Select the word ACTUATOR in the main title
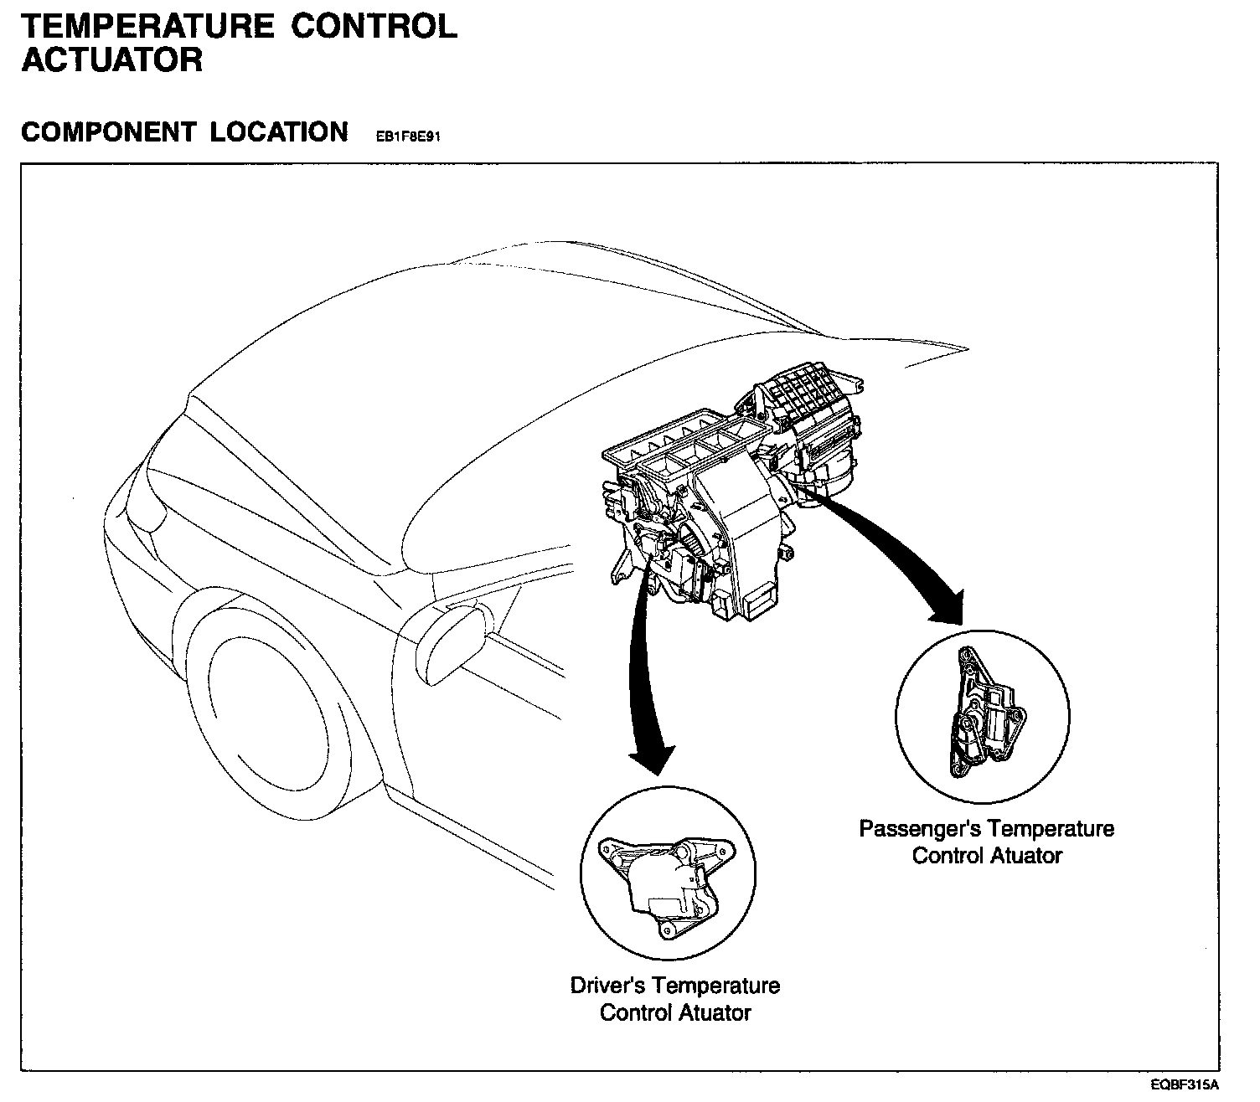coord(112,60)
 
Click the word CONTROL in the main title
coord(374,26)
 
